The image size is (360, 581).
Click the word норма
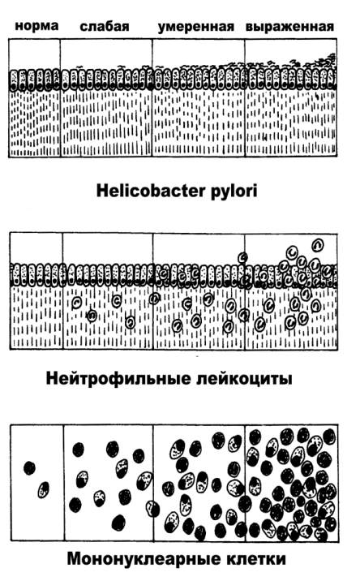(36, 26)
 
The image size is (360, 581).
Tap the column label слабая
(105, 26)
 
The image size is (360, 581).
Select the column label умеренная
(196, 27)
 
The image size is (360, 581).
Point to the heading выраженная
(289, 27)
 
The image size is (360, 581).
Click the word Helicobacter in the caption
(150, 191)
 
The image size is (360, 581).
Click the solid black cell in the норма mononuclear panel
(30, 468)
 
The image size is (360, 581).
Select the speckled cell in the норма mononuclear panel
(44, 489)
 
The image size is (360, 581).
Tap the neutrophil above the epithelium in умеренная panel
(243, 256)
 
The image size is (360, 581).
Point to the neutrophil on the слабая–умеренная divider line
(154, 299)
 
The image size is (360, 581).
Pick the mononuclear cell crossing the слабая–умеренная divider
(152, 509)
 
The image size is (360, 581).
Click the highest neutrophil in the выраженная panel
(318, 244)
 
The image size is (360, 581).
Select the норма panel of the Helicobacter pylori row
(34, 98)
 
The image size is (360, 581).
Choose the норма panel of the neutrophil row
(36, 290)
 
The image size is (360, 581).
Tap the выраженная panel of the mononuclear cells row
(291, 483)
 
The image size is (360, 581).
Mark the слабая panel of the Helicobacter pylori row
(106, 98)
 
